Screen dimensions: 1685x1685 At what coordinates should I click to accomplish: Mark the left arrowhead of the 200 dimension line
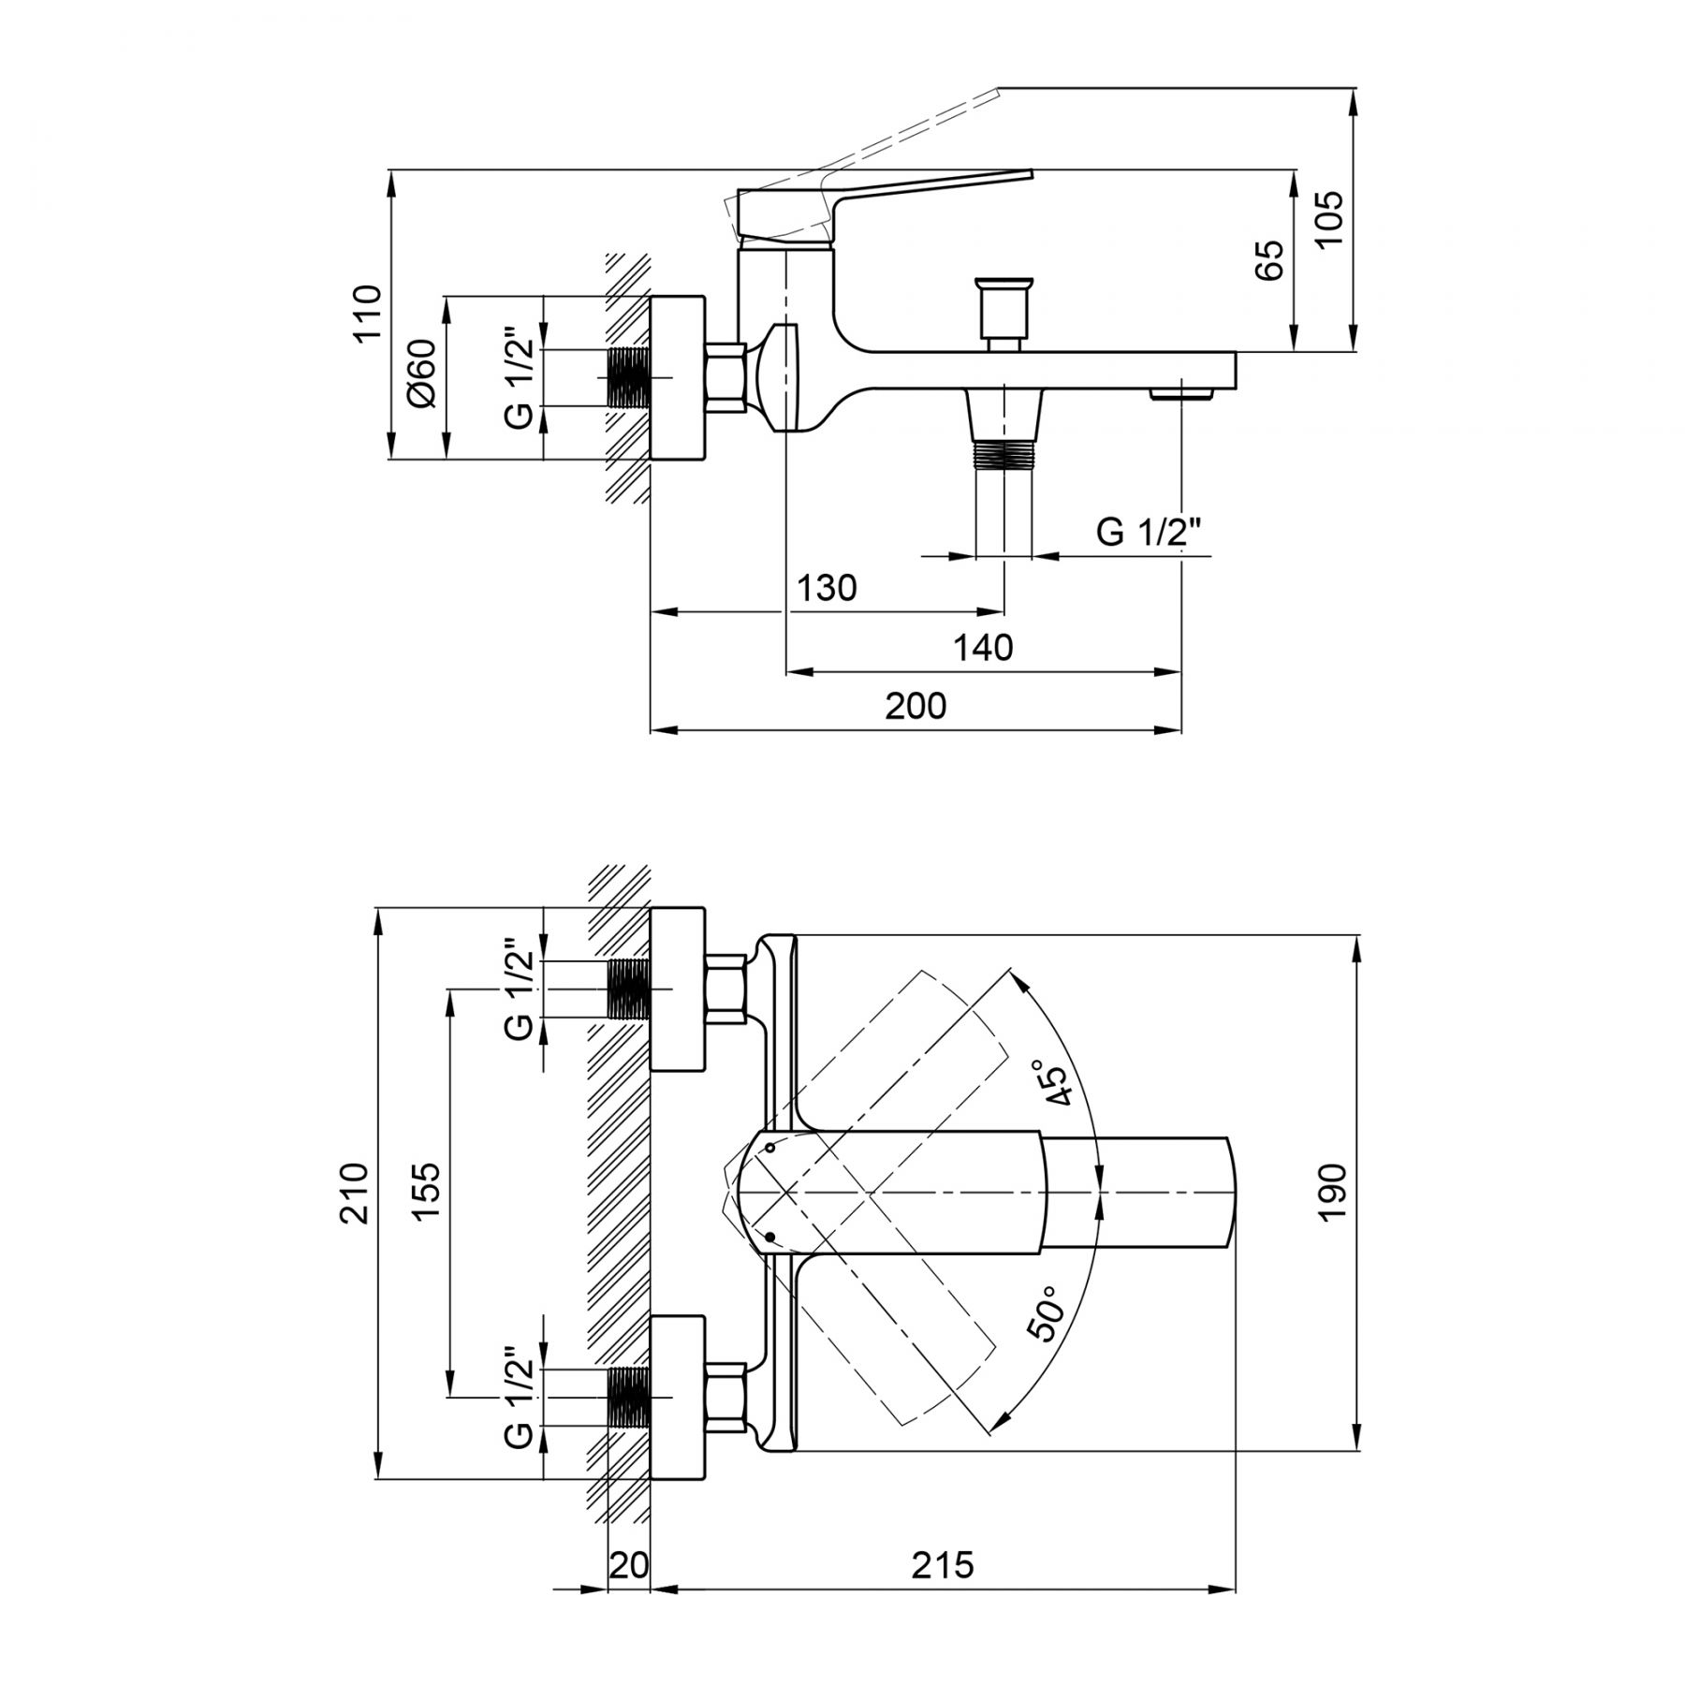click(663, 730)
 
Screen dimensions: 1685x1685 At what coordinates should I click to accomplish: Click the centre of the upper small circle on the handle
click(770, 1147)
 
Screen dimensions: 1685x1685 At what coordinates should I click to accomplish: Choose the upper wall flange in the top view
click(677, 989)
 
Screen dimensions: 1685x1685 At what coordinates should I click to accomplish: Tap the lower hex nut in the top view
click(727, 1397)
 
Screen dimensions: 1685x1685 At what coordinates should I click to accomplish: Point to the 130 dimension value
click(827, 587)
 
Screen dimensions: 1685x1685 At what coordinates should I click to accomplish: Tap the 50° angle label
click(1046, 1313)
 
